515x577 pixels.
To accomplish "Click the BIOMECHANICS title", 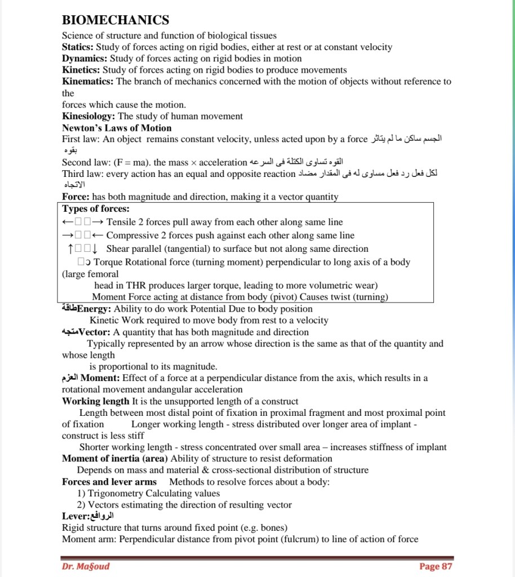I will tap(116, 20).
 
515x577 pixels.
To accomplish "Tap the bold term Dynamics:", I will tap(85, 59).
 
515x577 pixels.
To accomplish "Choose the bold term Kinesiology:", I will tap(89, 116).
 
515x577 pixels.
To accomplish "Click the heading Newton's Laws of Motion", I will tap(117, 128).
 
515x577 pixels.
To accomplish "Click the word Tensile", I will tap(121, 222).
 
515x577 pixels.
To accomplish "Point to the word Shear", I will tap(118, 248).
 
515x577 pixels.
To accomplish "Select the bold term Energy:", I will tap(95, 309).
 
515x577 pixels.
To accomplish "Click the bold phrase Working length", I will tap(95, 401).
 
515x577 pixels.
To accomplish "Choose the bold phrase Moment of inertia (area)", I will tap(115, 459).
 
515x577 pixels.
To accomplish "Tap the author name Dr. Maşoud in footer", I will tap(86, 566).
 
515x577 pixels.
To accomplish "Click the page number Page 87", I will tap(435, 566).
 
